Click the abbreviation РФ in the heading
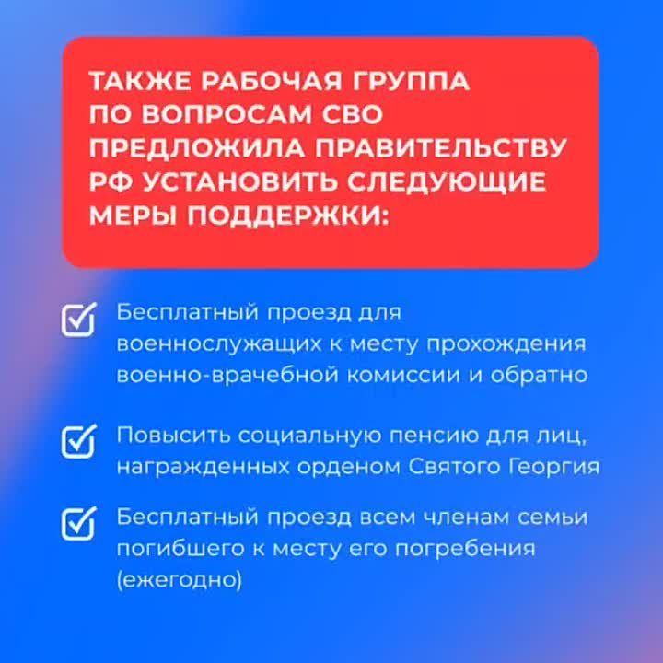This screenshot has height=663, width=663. (x=109, y=182)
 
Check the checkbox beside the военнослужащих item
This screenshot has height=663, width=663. (x=78, y=319)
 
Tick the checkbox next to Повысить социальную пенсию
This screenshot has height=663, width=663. (x=78, y=440)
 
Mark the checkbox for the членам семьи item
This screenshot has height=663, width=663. (x=78, y=522)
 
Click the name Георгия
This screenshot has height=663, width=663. (x=552, y=466)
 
